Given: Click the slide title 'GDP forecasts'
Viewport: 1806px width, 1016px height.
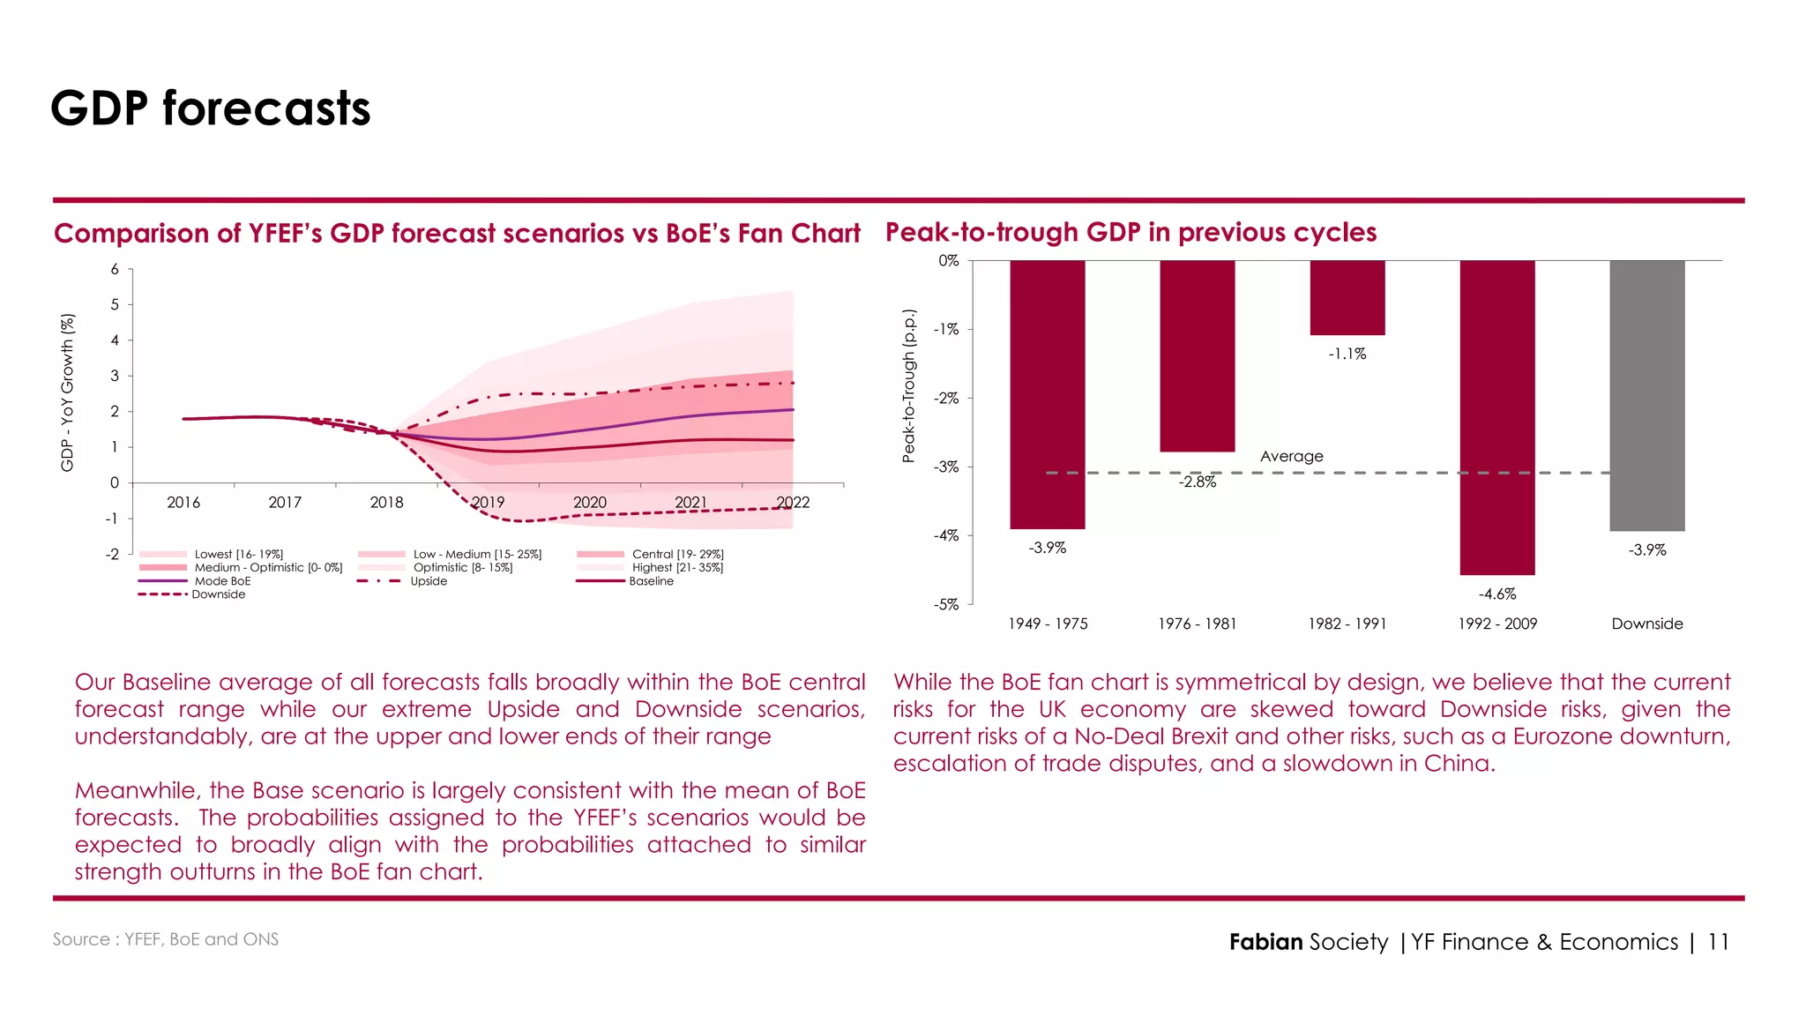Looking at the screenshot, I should click(x=210, y=108).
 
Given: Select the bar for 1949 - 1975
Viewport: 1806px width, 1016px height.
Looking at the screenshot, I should click(x=1047, y=394).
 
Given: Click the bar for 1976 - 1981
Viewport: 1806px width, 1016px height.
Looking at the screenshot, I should click(x=1197, y=355).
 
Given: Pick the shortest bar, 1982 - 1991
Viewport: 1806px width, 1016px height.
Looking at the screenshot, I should click(x=1347, y=297).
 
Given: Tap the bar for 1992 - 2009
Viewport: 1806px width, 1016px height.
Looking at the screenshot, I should click(x=1496, y=417).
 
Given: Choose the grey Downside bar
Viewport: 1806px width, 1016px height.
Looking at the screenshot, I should click(x=1646, y=395).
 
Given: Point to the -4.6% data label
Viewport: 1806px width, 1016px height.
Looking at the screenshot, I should click(x=1497, y=594).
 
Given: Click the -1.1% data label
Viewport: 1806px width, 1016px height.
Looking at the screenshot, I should click(x=1347, y=355).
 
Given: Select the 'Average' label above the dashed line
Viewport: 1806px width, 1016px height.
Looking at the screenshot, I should click(x=1291, y=456).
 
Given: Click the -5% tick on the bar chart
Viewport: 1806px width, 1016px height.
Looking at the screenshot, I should click(x=946, y=605).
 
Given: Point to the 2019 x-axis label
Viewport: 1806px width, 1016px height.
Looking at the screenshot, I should click(x=488, y=503).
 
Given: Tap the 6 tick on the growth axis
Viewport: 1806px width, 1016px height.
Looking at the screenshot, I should click(x=115, y=269).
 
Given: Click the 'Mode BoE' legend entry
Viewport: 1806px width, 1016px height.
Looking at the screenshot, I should click(x=222, y=581).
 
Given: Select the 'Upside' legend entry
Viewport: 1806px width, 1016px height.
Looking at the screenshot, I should click(x=429, y=581).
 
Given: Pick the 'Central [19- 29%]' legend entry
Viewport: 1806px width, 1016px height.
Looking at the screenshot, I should click(x=677, y=555).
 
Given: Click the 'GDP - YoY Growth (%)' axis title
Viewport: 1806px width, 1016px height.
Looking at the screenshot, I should click(x=67, y=392).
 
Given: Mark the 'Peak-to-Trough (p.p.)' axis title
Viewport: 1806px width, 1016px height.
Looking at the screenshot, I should click(x=908, y=385).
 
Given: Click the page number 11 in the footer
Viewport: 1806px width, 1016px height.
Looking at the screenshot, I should click(x=1717, y=942).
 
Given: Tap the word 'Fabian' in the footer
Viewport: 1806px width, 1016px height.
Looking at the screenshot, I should click(x=1265, y=942).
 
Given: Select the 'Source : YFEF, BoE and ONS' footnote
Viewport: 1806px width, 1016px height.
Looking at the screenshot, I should click(x=166, y=939).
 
